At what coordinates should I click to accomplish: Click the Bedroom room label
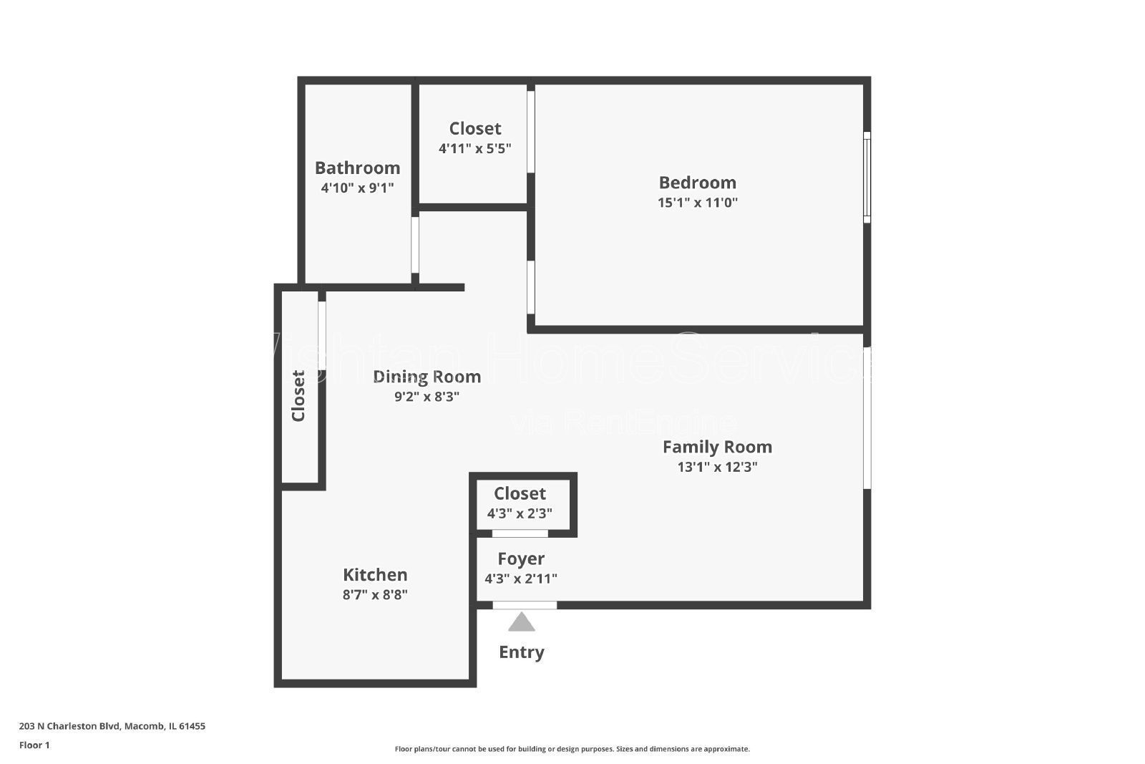click(697, 183)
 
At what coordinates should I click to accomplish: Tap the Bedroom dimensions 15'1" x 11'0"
click(697, 203)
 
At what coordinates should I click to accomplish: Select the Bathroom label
click(357, 168)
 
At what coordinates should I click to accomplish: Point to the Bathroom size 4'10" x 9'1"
click(357, 188)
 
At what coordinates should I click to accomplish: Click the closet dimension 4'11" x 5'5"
click(474, 149)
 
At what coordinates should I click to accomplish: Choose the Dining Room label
click(427, 377)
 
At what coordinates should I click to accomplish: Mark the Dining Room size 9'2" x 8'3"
click(427, 396)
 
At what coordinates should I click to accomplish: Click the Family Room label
click(717, 447)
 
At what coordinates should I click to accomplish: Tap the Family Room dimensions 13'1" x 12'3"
click(717, 467)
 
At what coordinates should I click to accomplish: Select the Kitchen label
click(375, 575)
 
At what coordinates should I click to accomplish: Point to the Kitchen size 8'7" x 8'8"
click(375, 594)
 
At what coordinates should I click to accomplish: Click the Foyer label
click(521, 559)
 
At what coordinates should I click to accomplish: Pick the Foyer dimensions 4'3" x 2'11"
click(521, 579)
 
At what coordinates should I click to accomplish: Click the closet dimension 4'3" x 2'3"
click(520, 513)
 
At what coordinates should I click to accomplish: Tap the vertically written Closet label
click(298, 396)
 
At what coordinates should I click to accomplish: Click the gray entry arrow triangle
click(522, 623)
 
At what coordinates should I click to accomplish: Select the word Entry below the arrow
click(522, 652)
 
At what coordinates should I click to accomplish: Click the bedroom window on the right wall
click(867, 177)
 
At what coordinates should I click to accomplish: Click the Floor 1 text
click(34, 745)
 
